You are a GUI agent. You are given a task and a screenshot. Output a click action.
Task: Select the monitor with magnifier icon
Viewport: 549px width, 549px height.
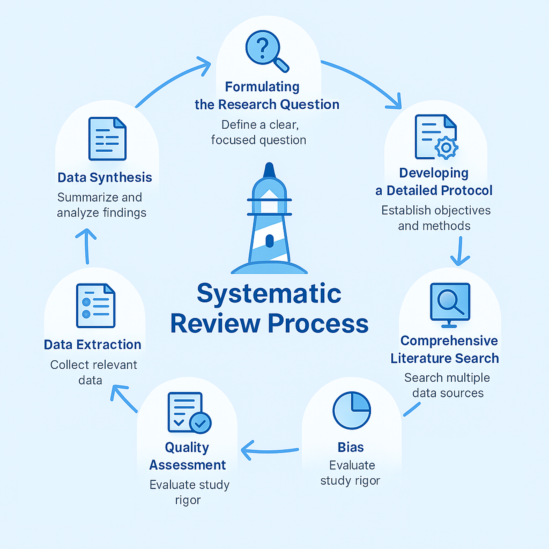[x=450, y=304]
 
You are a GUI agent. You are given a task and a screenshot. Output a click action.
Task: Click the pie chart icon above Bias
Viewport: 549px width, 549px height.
[x=351, y=410]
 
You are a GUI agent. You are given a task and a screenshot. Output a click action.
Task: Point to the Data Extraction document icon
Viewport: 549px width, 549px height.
[x=96, y=306]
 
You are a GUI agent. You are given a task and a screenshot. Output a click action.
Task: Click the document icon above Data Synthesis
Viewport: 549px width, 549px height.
[x=107, y=139]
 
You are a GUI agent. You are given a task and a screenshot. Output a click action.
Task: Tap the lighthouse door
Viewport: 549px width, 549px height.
[x=269, y=241]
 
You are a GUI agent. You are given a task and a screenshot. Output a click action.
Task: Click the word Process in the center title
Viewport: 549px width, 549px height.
[x=318, y=324]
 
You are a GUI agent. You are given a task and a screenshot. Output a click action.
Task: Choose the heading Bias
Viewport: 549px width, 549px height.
[x=350, y=447]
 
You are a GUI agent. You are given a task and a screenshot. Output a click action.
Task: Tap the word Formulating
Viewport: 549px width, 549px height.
[x=262, y=87]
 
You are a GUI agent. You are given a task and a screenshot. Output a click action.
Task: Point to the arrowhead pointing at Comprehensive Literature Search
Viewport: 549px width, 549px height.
[x=459, y=261]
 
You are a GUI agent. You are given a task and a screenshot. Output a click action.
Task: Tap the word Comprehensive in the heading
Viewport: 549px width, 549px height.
[x=449, y=341]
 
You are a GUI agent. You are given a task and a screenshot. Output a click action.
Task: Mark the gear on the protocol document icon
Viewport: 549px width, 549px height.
[x=446, y=147]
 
